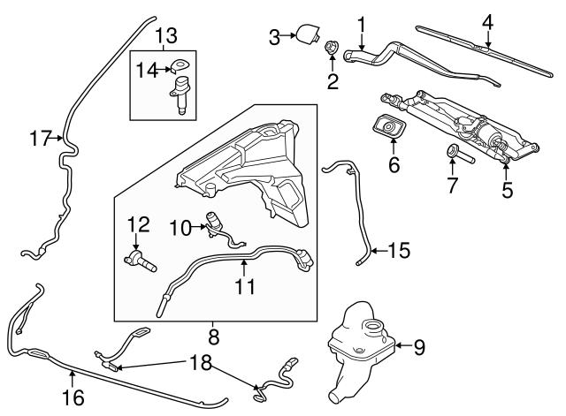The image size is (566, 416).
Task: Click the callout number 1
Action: pyautogui.click(x=360, y=21)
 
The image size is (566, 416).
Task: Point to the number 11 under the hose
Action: pyautogui.click(x=245, y=287)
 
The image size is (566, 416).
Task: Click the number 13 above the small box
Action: pyautogui.click(x=166, y=36)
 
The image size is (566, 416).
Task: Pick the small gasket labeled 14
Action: pyautogui.click(x=181, y=64)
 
